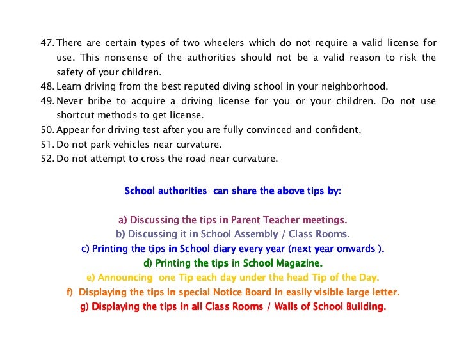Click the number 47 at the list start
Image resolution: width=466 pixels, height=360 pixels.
tap(47, 43)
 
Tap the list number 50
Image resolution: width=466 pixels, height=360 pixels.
tap(47, 130)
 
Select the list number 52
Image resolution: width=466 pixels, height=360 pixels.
tap(47, 159)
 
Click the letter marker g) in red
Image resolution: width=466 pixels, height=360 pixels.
tap(84, 306)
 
